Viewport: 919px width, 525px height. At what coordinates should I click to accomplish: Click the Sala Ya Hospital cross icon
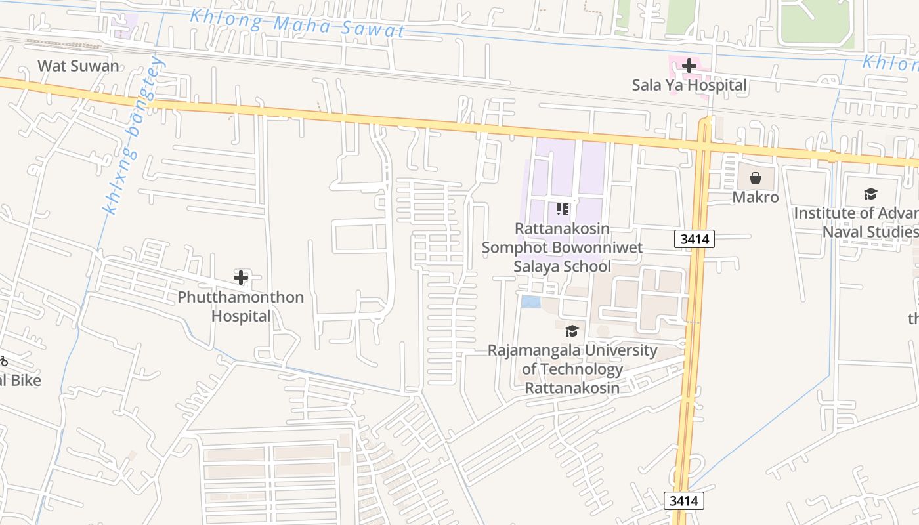[x=689, y=66]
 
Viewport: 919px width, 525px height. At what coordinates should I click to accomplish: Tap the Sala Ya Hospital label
[x=689, y=85]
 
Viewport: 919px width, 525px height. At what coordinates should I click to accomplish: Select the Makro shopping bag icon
[x=756, y=178]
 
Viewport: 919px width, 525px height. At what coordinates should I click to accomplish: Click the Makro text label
[x=756, y=197]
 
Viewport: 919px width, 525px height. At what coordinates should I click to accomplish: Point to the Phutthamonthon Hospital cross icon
[x=241, y=278]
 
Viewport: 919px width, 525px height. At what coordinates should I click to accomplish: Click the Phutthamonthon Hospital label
[x=241, y=306]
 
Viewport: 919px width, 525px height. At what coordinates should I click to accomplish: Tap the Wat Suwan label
[x=79, y=66]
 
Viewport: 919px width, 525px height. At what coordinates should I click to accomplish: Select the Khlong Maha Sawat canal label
[x=297, y=24]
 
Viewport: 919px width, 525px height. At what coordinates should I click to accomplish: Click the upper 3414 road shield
[x=695, y=239]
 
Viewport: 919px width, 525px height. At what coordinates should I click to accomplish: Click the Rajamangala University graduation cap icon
[x=572, y=331]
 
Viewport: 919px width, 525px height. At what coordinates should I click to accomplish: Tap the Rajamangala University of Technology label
[x=572, y=360]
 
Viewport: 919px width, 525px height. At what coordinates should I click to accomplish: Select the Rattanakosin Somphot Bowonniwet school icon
[x=563, y=209]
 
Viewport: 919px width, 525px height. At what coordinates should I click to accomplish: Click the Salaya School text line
[x=562, y=266]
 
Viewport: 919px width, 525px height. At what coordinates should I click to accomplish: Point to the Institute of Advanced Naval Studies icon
[x=870, y=194]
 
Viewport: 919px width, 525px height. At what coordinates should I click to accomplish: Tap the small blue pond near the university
[x=530, y=301]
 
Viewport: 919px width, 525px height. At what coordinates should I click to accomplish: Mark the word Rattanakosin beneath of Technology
[x=572, y=388]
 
